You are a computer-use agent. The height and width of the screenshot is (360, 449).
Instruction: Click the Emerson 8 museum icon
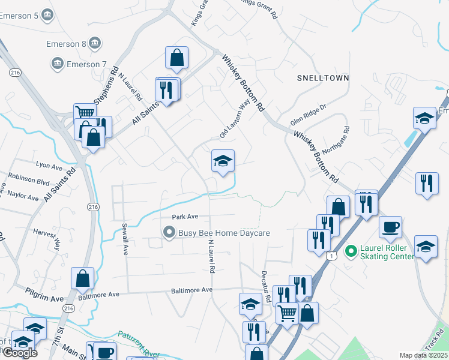tap(94, 43)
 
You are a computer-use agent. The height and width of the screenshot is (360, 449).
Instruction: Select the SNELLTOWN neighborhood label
tap(323, 79)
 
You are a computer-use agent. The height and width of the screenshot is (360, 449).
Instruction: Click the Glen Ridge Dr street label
tap(308, 115)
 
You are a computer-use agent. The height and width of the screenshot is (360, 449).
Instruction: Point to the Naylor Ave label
tap(23, 195)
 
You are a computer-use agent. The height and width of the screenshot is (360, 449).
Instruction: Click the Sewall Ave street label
tap(125, 239)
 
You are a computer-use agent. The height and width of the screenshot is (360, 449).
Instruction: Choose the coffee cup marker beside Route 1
tap(390, 227)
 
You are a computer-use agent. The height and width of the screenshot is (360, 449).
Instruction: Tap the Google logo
tap(20, 352)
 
